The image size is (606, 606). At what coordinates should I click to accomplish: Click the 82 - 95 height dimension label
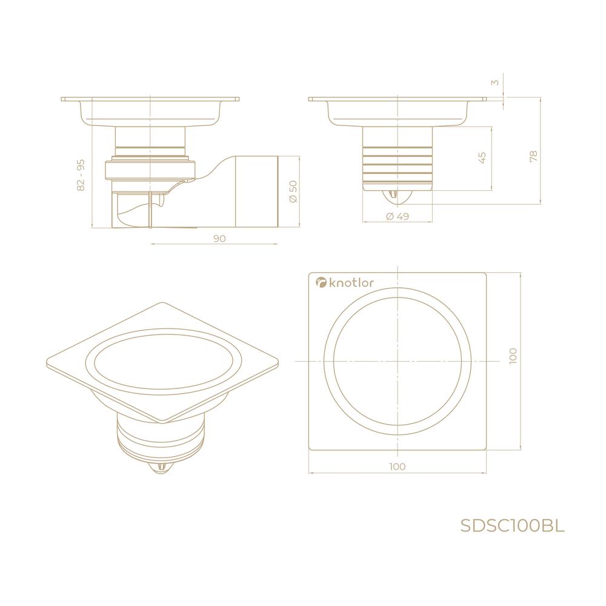coord(81,175)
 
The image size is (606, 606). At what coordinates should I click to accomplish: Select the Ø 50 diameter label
coord(293,191)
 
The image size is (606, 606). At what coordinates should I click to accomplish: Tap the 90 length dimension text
coord(219,238)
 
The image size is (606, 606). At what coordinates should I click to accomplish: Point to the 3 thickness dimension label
coord(496,82)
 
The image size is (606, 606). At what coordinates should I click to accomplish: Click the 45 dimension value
coord(482,158)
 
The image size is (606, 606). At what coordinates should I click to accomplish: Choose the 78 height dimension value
coord(534,156)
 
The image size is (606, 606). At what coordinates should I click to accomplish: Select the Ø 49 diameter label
coord(398,216)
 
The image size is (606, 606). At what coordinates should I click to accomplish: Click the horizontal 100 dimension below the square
coord(398,467)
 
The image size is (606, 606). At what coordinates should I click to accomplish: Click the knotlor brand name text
coord(351,283)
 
